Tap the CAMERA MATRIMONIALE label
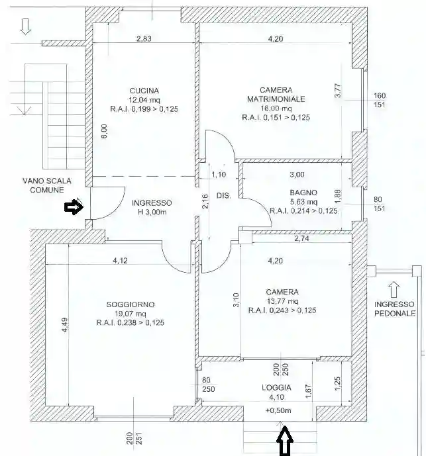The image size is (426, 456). (276, 95)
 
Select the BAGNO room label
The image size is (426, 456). (294, 193)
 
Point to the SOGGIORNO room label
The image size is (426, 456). (130, 304)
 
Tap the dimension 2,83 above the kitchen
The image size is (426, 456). (144, 39)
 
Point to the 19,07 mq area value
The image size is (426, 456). (130, 314)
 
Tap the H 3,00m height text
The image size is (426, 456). (151, 212)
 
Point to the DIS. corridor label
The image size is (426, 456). (223, 196)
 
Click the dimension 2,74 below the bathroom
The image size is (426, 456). (301, 238)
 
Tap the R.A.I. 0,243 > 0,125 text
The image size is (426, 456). (282, 310)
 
